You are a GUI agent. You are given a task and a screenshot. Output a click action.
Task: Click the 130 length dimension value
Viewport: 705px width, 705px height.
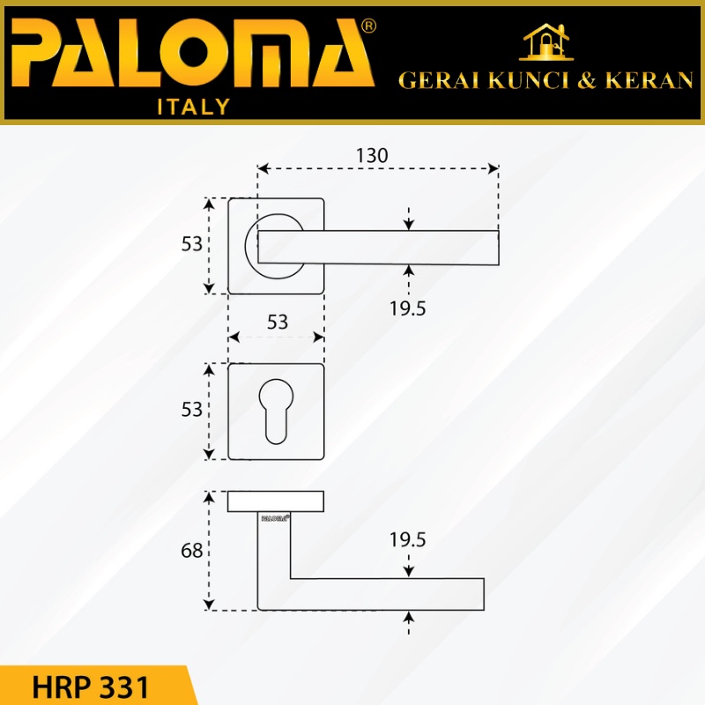point(372,156)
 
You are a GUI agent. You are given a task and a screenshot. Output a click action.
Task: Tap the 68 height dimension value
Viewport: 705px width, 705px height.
point(191,551)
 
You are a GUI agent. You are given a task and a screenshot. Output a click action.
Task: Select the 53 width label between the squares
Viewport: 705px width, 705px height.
point(277,322)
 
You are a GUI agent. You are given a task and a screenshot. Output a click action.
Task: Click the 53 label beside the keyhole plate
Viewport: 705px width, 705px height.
point(191,410)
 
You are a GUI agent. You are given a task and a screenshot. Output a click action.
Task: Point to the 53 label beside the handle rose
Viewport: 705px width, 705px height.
point(191,244)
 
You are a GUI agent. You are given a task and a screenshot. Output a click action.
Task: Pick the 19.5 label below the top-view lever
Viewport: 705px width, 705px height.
point(407,309)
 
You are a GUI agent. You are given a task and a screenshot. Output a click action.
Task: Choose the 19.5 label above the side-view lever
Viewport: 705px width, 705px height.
point(407,540)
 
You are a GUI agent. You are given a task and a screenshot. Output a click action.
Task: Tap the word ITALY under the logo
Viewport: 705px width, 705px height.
point(194,107)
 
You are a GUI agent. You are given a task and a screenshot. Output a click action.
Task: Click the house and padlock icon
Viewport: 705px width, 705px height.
point(546,41)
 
